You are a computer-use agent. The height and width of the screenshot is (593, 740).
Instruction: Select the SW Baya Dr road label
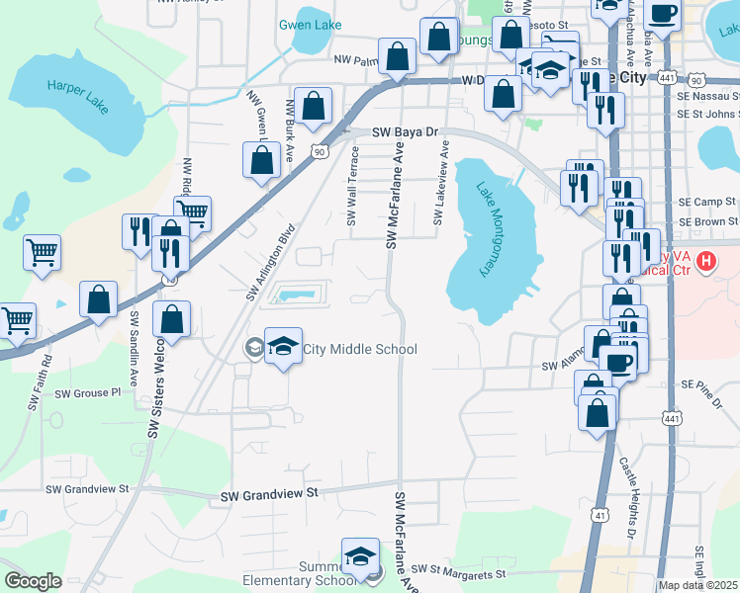tap(405, 132)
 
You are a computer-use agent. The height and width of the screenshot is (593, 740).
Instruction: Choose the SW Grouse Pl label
tap(87, 393)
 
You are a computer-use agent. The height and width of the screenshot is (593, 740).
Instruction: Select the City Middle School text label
tap(360, 349)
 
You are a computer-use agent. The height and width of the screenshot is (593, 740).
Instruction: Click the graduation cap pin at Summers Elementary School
tap(361, 554)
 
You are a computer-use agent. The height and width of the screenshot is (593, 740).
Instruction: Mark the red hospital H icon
tap(706, 261)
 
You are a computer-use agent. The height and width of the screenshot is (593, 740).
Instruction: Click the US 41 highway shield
tap(601, 515)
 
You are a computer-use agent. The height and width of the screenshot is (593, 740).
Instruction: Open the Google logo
tap(33, 581)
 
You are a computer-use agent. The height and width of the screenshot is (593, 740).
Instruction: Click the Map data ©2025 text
tap(698, 585)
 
